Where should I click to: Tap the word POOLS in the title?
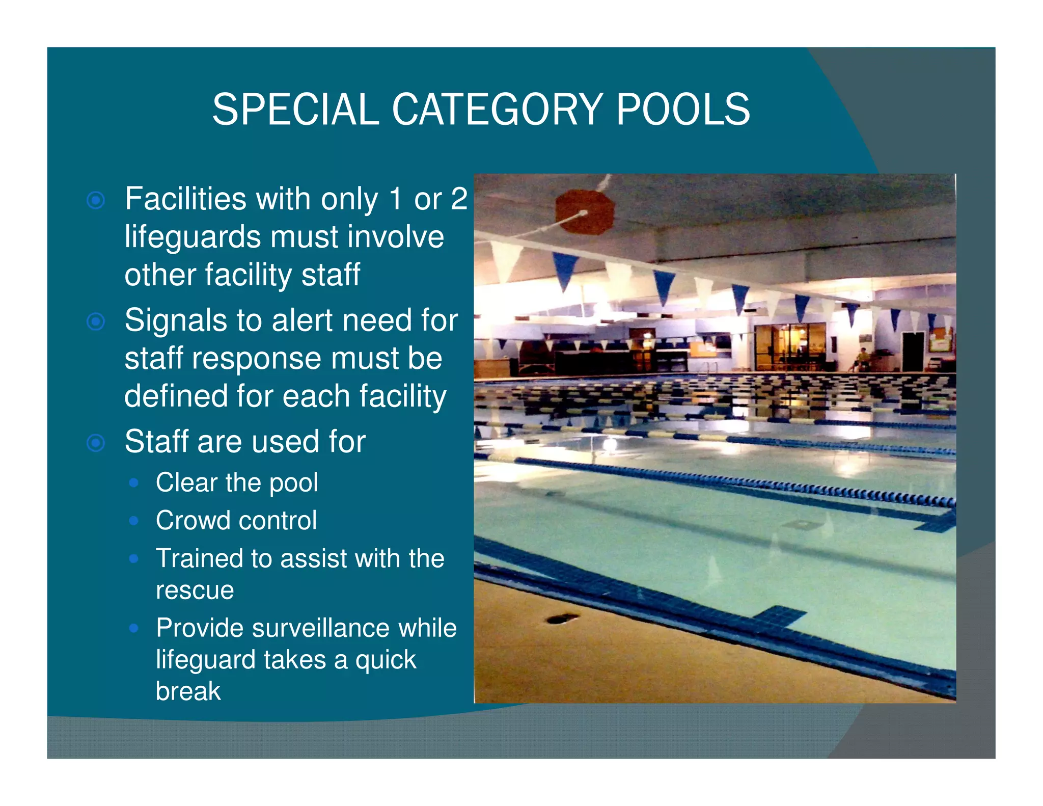(682, 110)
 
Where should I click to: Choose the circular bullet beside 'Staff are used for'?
(96, 442)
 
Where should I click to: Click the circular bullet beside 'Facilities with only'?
(96, 200)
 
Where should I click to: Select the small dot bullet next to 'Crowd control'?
(134, 520)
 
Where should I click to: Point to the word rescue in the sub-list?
(195, 590)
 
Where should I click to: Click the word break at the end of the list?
(188, 691)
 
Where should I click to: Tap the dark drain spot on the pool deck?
(562, 619)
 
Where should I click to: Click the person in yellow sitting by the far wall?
(861, 357)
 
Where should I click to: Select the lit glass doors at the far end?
(789, 345)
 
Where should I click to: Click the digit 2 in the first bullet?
(459, 199)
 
